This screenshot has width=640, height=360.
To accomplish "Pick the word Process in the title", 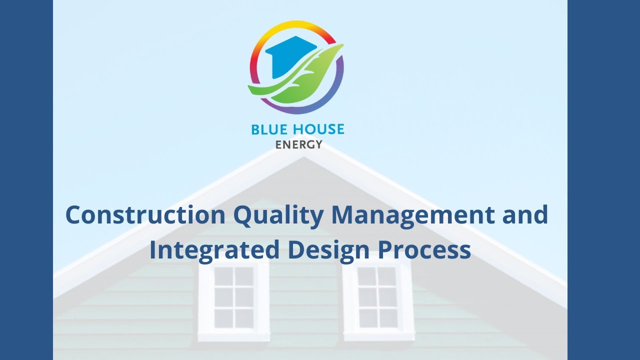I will [424, 250].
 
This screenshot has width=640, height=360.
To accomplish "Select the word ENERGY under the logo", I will [298, 145].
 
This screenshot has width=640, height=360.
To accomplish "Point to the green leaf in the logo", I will [310, 77].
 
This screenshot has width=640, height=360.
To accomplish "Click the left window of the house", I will [233, 297].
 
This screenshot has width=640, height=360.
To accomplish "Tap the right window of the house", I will [377, 297].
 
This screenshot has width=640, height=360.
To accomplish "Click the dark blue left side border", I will [26, 180].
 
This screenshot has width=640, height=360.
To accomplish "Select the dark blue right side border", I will [603, 180].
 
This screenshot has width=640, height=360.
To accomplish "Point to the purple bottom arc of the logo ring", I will [300, 110].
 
